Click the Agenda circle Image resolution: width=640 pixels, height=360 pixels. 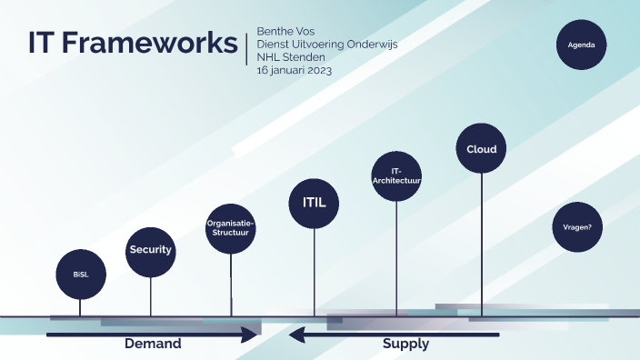(x=581, y=45)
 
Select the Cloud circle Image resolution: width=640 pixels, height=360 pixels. (x=481, y=149)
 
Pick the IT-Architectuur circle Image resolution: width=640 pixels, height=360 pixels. (x=396, y=176)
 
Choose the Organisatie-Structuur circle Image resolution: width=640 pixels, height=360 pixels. (x=231, y=227)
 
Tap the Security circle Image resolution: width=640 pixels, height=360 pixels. (x=150, y=250)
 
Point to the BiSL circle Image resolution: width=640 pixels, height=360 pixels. (x=80, y=274)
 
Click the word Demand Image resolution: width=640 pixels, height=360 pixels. (x=153, y=345)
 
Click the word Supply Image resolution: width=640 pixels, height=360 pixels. (x=405, y=345)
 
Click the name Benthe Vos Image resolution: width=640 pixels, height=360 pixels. (x=286, y=31)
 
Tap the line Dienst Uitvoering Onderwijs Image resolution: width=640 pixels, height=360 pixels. (x=327, y=44)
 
